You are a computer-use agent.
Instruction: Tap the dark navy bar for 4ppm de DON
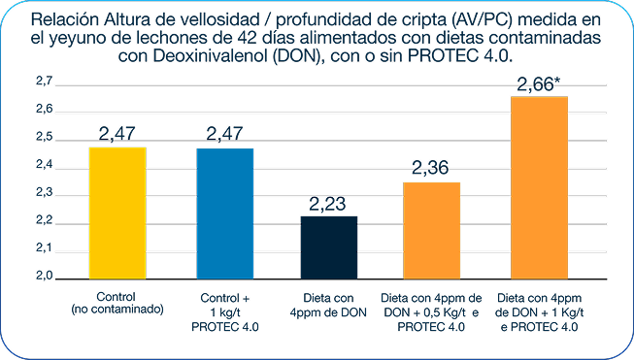328,246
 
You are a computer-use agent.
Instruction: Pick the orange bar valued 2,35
431,229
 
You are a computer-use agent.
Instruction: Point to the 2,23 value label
328,205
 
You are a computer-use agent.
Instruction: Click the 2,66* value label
540,86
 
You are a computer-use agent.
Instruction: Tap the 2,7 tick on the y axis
45,84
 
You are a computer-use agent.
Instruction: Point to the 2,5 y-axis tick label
45,140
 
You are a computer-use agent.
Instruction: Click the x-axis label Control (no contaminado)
117,302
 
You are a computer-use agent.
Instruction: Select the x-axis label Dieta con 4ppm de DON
328,302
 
